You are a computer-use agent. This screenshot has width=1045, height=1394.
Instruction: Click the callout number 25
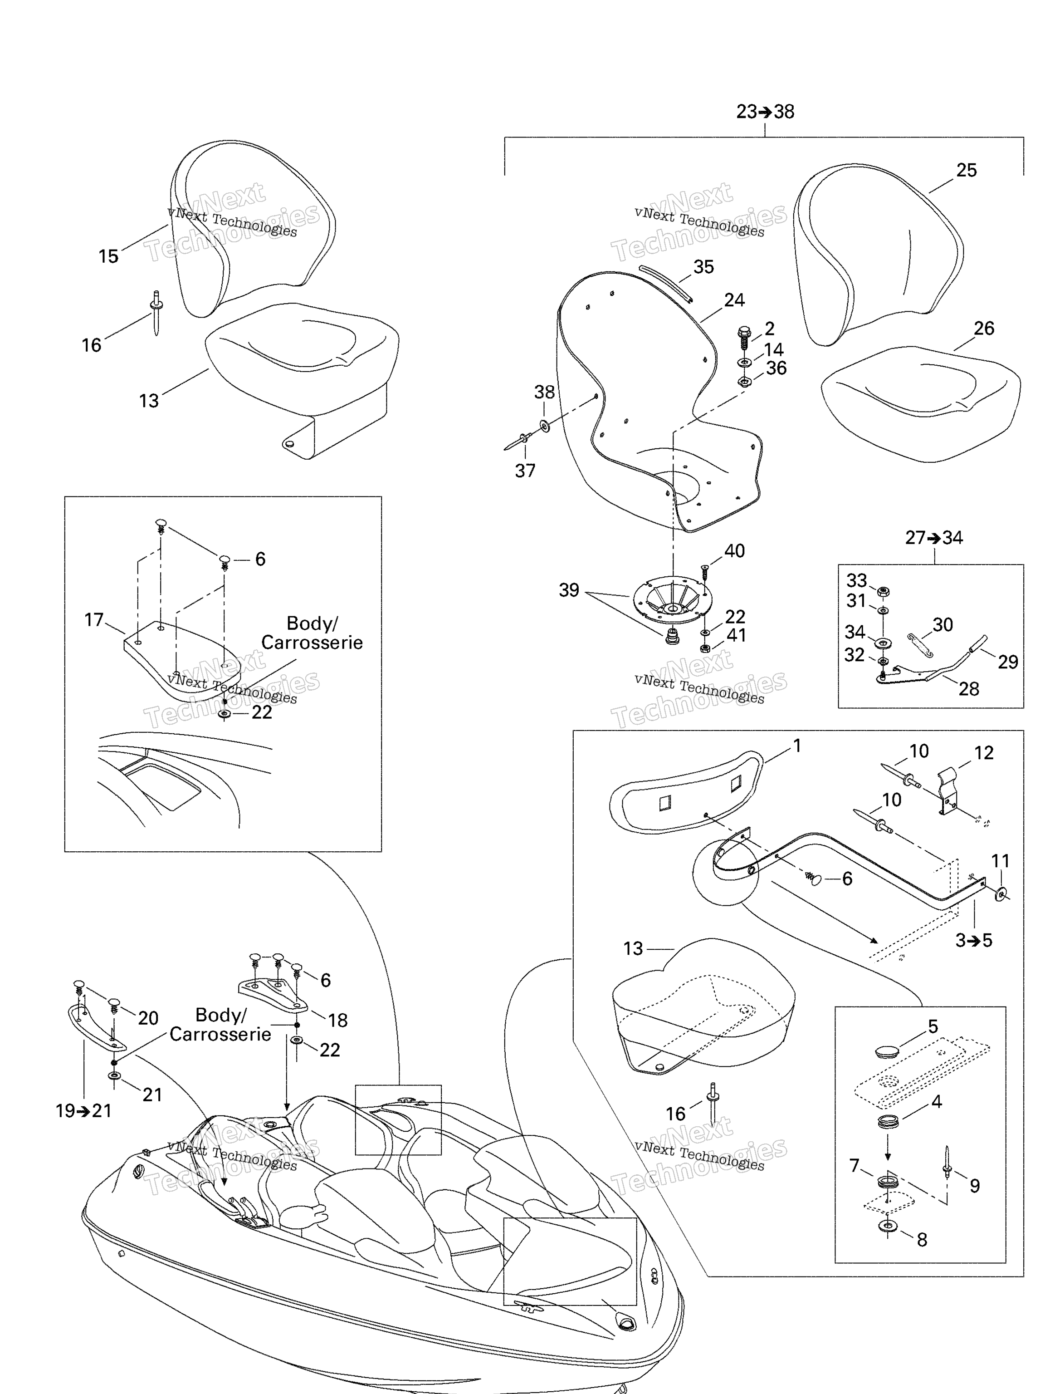pos(966,170)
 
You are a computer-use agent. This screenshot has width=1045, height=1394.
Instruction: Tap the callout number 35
pos(703,267)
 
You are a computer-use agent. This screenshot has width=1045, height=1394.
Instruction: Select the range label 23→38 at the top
pos(765,112)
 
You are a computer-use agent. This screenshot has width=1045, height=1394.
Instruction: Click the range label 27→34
pos(934,538)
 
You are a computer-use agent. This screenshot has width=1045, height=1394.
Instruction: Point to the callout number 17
pos(94,620)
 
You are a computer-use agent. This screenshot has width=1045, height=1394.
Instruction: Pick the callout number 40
pos(734,551)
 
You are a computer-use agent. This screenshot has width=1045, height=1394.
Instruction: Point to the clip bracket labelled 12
pos(948,790)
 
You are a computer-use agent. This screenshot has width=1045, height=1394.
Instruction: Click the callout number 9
pos(974,1186)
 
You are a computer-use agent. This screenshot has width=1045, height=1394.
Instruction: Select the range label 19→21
pos(84,1110)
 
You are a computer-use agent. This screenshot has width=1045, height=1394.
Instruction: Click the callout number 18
pos(337,1020)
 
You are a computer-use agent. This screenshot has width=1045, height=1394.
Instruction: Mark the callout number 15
pos(108,256)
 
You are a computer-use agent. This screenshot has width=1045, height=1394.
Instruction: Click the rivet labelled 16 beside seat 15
pos(156,313)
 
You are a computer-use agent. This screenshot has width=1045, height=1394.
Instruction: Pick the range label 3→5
pos(974,941)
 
